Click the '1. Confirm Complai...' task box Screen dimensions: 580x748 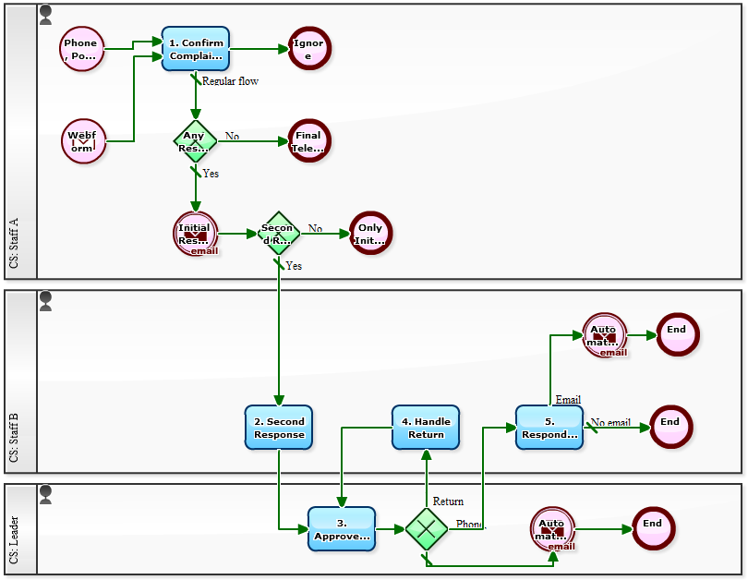click(x=196, y=49)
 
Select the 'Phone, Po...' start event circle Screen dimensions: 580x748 click(x=82, y=49)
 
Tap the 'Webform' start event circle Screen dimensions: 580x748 click(x=82, y=141)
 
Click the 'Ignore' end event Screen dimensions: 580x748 click(x=308, y=49)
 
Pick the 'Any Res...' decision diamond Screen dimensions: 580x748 click(x=196, y=141)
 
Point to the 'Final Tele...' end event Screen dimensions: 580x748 click(x=308, y=141)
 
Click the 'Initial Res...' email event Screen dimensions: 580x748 click(x=196, y=234)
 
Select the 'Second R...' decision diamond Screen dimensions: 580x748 click(x=278, y=234)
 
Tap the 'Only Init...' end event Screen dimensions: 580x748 click(x=370, y=234)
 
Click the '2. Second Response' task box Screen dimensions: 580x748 click(x=279, y=428)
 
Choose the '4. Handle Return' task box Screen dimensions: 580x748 click(x=426, y=428)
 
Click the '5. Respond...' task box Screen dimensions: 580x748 click(x=549, y=428)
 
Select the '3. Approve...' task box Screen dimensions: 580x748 click(x=342, y=529)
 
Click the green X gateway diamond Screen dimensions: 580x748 click(x=426, y=529)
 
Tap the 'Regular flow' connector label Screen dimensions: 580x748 click(x=230, y=81)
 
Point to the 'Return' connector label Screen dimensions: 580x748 click(x=448, y=501)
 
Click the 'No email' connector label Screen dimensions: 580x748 click(x=610, y=423)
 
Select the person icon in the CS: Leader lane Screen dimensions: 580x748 click(x=45, y=494)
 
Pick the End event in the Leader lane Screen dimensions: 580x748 click(x=653, y=529)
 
